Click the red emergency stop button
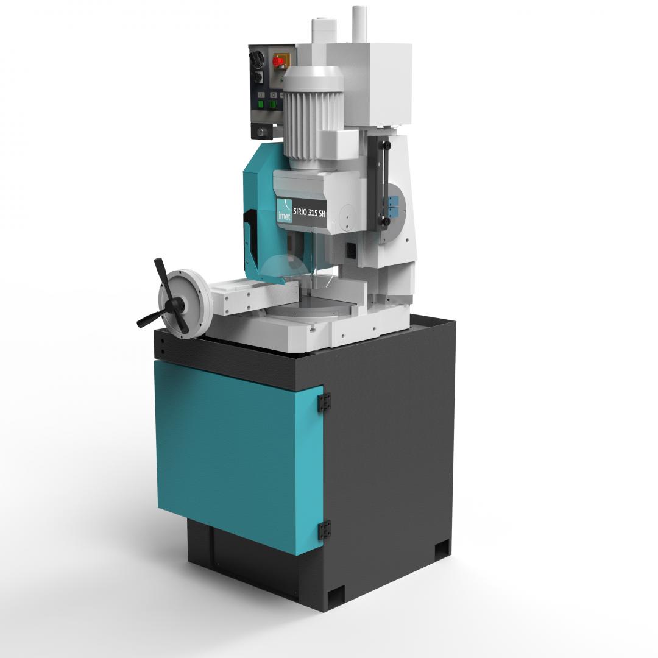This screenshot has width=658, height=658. [x=278, y=62]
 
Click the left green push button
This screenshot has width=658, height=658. [x=261, y=105]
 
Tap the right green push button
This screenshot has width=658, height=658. [x=273, y=105]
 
